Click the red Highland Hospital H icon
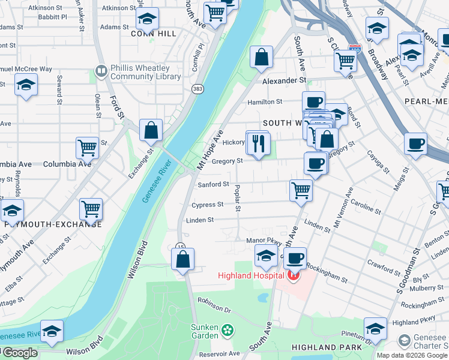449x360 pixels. click(x=294, y=275)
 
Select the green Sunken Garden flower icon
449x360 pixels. click(x=227, y=329)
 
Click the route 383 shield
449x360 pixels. click(x=197, y=89)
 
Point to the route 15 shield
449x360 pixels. click(x=180, y=247)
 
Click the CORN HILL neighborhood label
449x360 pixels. click(x=154, y=34)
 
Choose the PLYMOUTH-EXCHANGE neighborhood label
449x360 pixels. click(x=53, y=224)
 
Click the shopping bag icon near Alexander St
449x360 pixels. click(x=261, y=58)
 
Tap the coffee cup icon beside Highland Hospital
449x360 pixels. click(x=294, y=259)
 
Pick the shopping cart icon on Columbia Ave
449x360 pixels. click(x=88, y=147)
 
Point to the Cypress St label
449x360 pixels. click(x=207, y=205)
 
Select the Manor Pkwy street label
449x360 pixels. click(x=264, y=240)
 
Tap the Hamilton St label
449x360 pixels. click(x=265, y=103)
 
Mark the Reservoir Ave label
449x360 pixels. click(x=219, y=353)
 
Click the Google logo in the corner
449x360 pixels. click(x=19, y=353)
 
